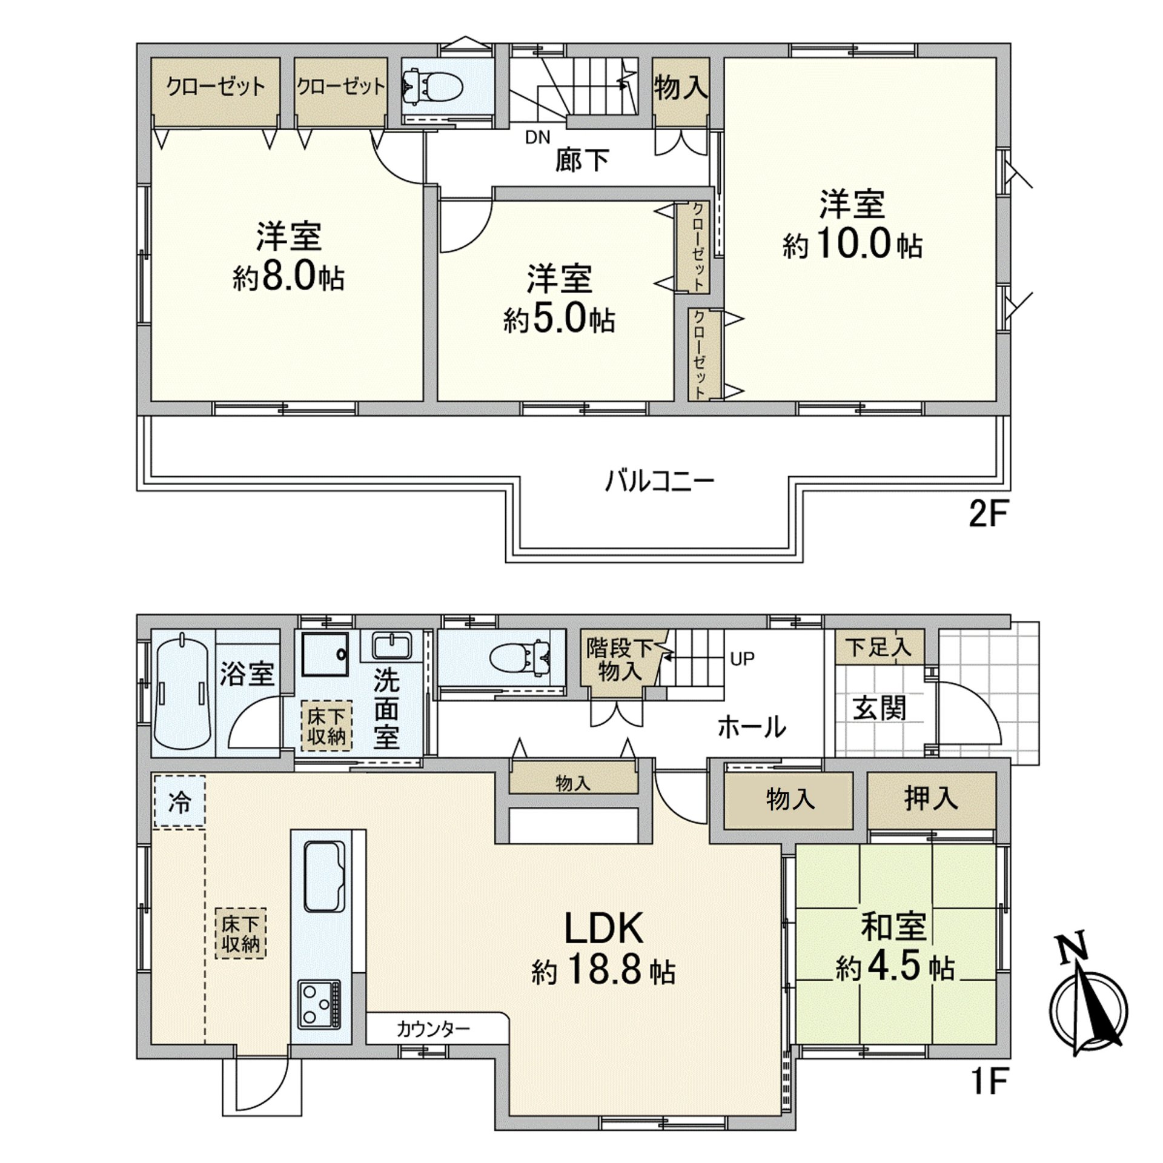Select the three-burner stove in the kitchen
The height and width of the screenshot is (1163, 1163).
coord(319,1003)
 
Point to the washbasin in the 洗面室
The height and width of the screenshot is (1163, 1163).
coord(393,646)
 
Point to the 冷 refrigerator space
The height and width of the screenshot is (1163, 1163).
coord(179,801)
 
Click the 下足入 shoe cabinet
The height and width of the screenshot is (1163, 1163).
coord(879,646)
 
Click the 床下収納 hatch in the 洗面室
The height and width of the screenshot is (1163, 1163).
coord(326,726)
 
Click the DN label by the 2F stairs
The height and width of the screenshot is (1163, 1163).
coord(537,138)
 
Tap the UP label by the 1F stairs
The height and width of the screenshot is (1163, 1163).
coord(742,658)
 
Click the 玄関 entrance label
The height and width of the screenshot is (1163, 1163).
coord(880,707)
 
